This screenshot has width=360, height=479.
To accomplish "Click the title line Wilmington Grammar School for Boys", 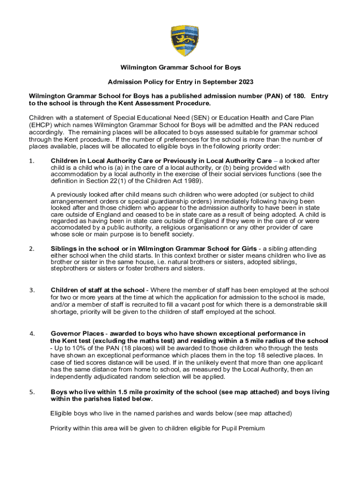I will point(180,68).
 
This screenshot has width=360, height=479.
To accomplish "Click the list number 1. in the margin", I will point(32,161).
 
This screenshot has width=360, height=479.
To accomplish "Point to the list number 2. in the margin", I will point(32,249).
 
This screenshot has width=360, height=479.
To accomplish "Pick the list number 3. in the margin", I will point(32,290).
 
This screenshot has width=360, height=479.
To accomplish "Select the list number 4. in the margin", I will point(32,334).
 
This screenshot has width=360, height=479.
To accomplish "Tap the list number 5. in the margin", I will point(32,392).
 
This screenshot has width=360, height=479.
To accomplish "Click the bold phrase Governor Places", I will point(77,334).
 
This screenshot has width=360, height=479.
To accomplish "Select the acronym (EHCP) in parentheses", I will point(42,126).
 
